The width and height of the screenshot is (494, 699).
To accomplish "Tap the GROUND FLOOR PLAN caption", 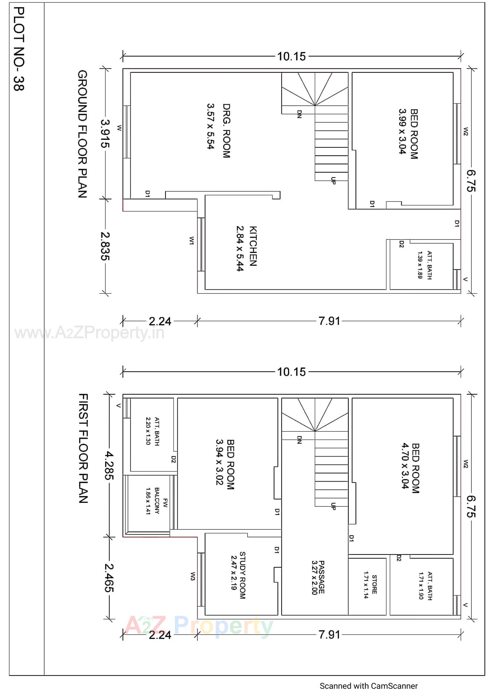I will pos(83,134).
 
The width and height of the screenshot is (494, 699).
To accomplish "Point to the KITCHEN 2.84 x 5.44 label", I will pos(246,248).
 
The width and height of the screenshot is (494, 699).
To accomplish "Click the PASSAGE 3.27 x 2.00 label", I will pos(318,577).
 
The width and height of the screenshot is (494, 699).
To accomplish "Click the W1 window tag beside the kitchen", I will pos(192,240).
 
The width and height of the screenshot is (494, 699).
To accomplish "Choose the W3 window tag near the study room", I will pos(193,576).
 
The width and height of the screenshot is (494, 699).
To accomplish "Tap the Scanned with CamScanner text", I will pos(368,686).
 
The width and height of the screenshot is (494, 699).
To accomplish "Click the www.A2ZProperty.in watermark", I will pos(89,333).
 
